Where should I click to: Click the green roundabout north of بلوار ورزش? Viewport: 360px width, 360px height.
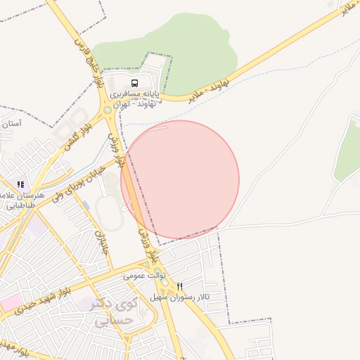pos(108,110)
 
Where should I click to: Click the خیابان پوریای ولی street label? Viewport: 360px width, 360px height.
pos(79,183)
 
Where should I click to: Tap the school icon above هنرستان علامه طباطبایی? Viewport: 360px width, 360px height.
pos(20,184)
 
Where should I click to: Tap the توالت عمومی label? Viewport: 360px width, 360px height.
pos(143,276)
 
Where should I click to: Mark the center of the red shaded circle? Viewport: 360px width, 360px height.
pos(180,179)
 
